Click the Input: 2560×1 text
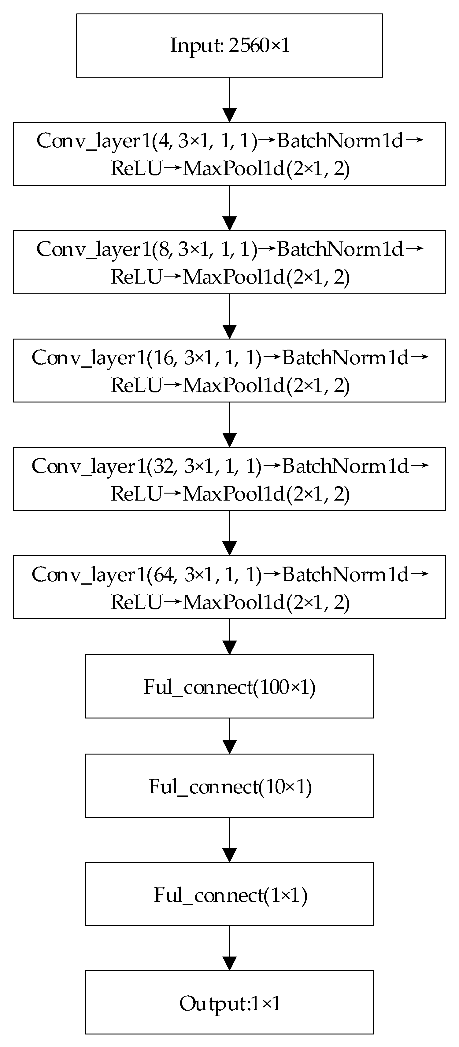click(230, 45)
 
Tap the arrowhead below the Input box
click(230, 115)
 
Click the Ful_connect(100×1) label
click(230, 687)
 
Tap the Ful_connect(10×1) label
click(230, 786)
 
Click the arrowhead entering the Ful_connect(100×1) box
click(230, 648)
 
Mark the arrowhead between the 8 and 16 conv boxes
click(230, 332)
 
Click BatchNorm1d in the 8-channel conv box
click(341, 249)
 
